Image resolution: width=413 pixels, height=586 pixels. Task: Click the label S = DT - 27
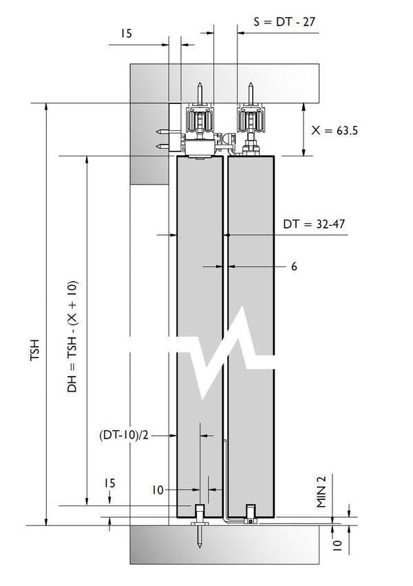coord(284,21)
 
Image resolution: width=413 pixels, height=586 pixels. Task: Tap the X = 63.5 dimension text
coord(335,130)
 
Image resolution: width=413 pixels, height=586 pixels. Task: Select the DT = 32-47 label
coord(314,224)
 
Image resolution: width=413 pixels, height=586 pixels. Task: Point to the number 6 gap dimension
coord(294,266)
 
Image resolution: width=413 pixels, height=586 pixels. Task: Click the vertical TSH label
coord(34,349)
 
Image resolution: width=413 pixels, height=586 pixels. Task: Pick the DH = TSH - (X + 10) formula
coord(72,336)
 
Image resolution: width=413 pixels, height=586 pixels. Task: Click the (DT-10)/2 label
coord(124,435)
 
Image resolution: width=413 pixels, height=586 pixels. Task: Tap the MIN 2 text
coord(321,492)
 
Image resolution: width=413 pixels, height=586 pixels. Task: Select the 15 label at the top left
coord(127,33)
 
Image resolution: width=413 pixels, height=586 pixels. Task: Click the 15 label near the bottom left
coord(109,483)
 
